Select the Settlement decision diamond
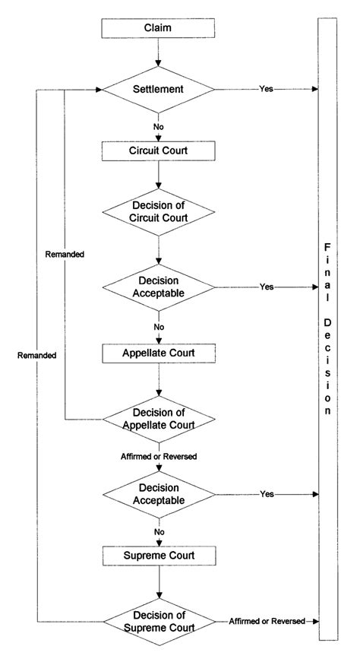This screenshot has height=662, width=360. [x=158, y=89]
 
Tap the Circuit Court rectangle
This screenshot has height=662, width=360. [x=158, y=150]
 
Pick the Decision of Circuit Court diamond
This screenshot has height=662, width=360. [x=158, y=211]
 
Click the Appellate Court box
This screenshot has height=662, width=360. [x=158, y=353]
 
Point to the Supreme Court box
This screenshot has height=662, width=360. [x=158, y=556]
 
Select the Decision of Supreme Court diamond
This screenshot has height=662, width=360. [x=158, y=622]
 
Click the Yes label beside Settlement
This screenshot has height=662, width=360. [x=266, y=89]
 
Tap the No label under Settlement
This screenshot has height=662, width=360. [x=158, y=126]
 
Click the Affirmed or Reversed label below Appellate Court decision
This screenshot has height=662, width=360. [x=158, y=456]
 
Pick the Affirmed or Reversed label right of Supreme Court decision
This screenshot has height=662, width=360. [x=267, y=622]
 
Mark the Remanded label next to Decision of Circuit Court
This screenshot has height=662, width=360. [x=65, y=254]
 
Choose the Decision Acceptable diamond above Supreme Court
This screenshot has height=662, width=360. [x=158, y=494]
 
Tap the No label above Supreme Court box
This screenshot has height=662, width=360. [x=158, y=532]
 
